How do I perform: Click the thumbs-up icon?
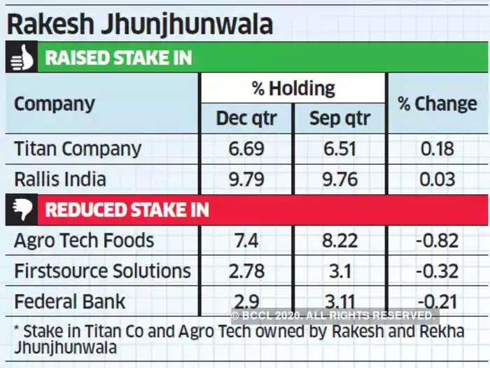[x=22, y=57]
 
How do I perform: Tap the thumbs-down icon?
[x=22, y=210]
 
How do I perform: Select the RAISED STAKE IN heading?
[x=118, y=57]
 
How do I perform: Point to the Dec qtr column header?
[x=246, y=118]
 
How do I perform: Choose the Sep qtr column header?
[x=339, y=118]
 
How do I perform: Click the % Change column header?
[x=437, y=104]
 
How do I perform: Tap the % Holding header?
[x=293, y=88]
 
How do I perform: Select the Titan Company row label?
[x=78, y=149]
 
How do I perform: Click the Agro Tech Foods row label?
[x=84, y=240]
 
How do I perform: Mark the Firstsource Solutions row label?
[x=102, y=271]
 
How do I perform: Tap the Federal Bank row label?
[x=70, y=301]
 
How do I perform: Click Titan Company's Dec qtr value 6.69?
[x=246, y=149]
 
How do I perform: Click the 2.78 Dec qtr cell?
[x=246, y=271]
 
